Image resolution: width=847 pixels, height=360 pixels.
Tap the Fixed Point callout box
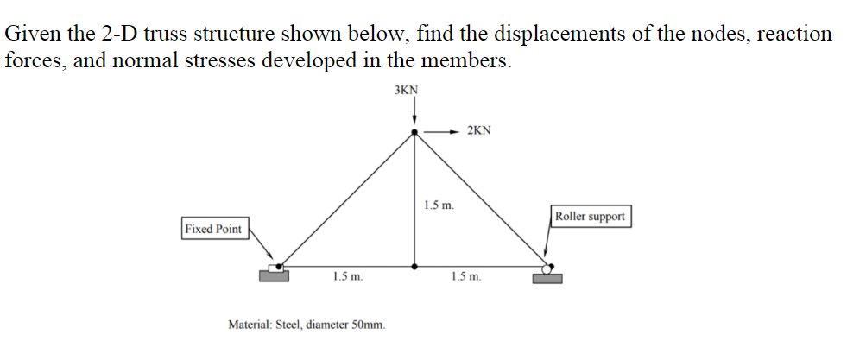pyautogui.click(x=213, y=229)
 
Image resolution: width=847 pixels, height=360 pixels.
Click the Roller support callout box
pyautogui.click(x=591, y=216)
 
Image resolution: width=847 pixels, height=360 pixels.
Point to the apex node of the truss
pyautogui.click(x=415, y=132)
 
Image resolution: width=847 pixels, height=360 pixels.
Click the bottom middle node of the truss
pyautogui.click(x=415, y=265)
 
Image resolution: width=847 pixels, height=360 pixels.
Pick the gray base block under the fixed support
pyautogui.click(x=275, y=276)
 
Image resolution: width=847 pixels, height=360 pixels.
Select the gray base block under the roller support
pyautogui.click(x=547, y=278)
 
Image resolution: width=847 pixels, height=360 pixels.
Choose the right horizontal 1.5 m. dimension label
pyautogui.click(x=466, y=277)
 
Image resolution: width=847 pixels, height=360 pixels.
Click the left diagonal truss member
pyautogui.click(x=345, y=199)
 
